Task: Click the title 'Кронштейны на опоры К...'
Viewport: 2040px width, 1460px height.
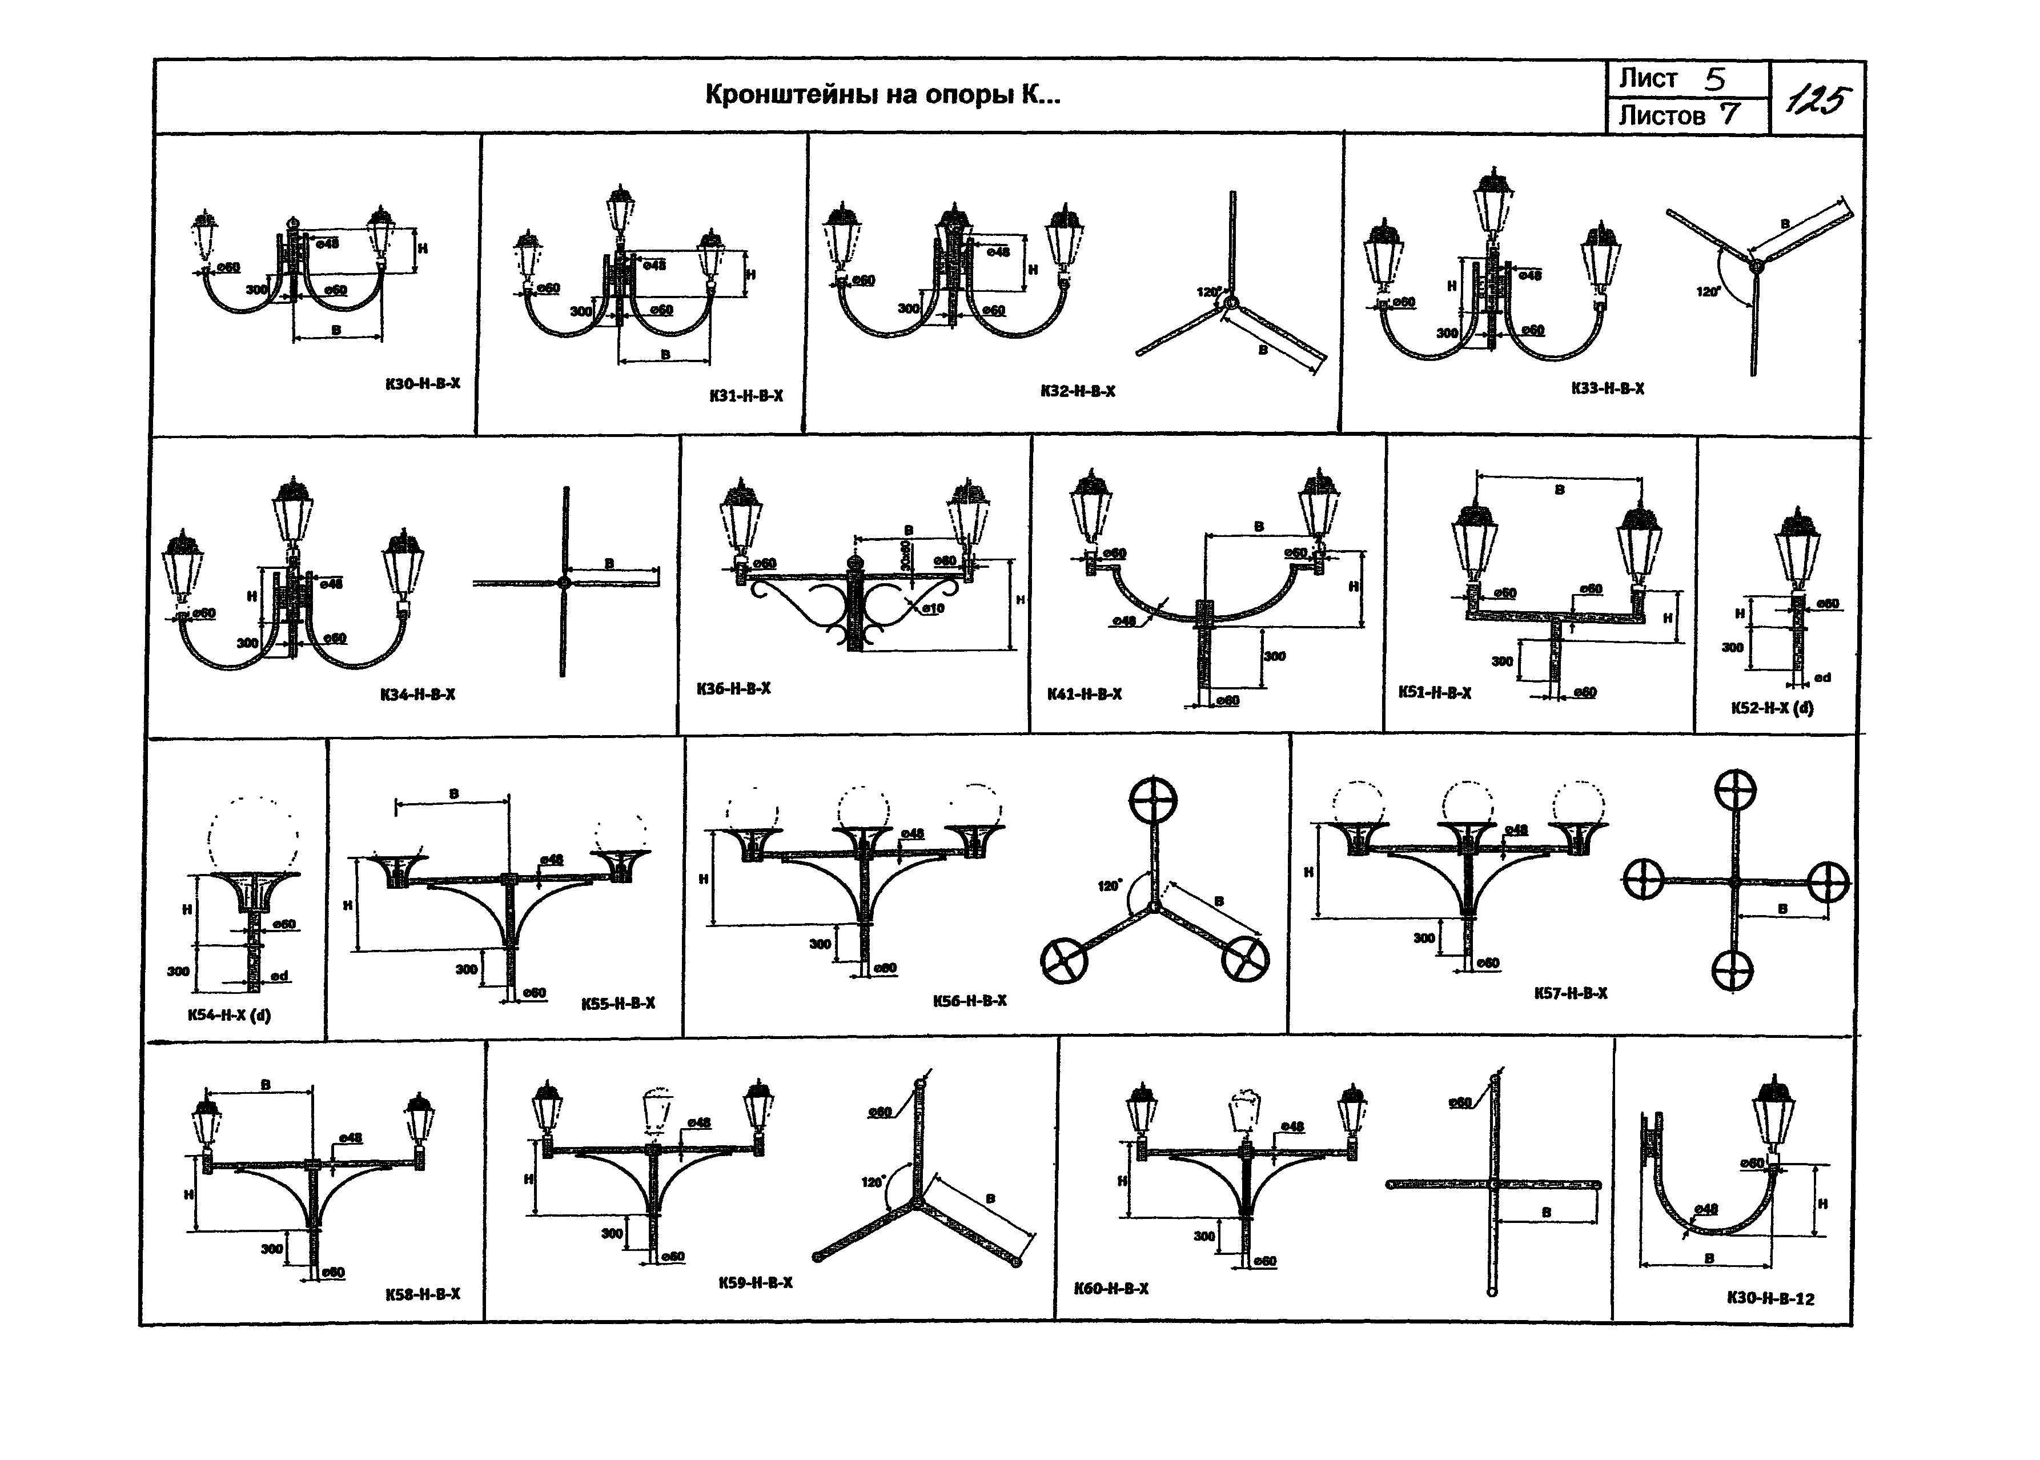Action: click(882, 94)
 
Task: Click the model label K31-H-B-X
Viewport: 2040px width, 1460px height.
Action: click(745, 396)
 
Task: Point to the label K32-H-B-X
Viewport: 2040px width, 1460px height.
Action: click(1078, 391)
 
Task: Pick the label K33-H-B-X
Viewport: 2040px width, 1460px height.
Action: click(1608, 388)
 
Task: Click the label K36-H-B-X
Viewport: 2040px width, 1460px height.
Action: click(733, 689)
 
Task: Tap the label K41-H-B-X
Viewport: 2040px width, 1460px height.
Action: click(1084, 694)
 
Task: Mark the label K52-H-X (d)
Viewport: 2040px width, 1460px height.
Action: click(1772, 708)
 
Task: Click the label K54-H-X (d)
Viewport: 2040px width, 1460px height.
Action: click(229, 1015)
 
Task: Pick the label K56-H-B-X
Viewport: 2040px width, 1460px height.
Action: click(970, 1001)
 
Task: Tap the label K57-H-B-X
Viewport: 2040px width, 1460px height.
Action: click(1570, 993)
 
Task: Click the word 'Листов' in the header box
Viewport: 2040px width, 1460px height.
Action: click(1662, 116)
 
